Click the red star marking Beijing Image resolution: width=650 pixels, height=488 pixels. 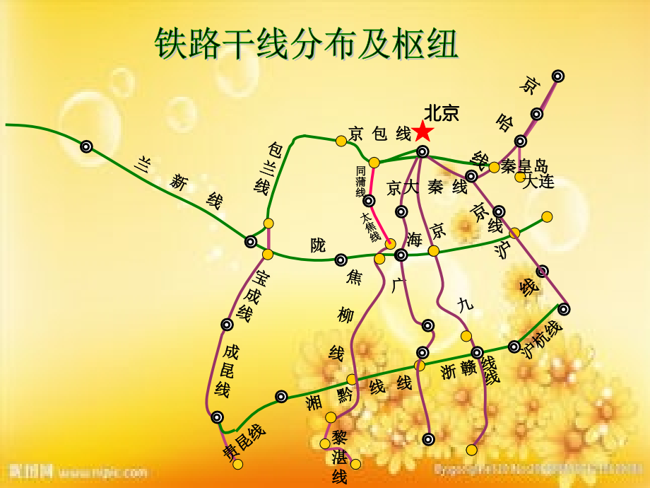click(x=422, y=131)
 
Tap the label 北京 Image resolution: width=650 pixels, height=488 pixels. click(x=442, y=113)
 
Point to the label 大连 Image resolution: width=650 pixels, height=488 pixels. click(x=538, y=182)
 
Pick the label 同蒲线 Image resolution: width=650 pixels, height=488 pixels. click(x=361, y=182)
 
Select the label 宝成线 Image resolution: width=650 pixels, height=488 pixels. click(x=254, y=296)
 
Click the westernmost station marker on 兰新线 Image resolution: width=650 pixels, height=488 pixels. click(x=86, y=146)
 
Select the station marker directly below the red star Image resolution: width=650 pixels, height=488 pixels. click(x=422, y=151)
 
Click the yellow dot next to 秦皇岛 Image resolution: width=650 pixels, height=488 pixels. click(x=494, y=168)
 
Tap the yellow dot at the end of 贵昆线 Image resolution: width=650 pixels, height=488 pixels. click(x=238, y=464)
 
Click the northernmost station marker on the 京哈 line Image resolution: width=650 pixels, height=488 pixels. click(x=558, y=76)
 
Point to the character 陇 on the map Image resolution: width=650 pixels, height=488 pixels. click(x=319, y=245)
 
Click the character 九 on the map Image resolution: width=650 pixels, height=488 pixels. click(x=463, y=305)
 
